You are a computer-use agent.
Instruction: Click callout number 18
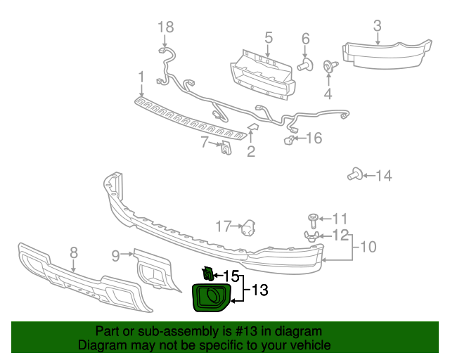165,27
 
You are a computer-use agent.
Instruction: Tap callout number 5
269,37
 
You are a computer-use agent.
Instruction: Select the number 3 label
377,26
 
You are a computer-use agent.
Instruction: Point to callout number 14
384,175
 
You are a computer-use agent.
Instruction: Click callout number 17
223,226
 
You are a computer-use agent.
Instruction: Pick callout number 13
259,289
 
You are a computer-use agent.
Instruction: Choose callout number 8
74,252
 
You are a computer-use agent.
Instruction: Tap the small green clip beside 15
207,273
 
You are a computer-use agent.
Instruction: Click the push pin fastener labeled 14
355,174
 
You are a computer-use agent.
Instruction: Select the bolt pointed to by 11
314,219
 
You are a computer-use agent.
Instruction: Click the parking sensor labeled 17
248,229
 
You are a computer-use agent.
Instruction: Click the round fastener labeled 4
328,67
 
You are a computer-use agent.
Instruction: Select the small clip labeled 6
304,66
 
